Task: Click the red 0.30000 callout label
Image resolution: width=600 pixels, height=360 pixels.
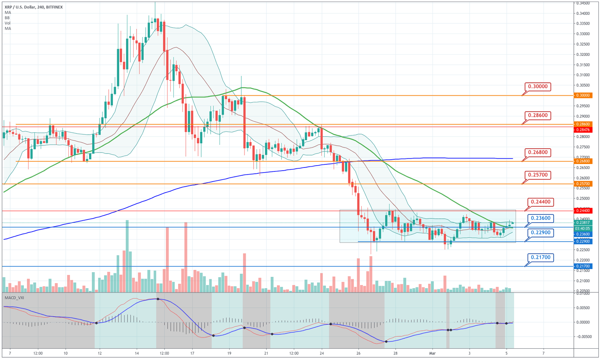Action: click(537, 87)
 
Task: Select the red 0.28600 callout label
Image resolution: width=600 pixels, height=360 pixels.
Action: click(537, 116)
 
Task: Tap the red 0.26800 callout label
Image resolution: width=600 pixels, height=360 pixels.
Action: click(537, 152)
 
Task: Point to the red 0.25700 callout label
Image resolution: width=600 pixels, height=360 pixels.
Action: click(537, 175)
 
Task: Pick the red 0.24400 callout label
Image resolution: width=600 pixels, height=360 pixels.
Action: click(541, 202)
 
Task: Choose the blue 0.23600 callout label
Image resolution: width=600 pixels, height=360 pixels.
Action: click(541, 218)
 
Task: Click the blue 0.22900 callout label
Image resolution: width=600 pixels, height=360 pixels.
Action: click(541, 233)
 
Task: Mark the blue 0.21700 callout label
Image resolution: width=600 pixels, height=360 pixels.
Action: click(541, 257)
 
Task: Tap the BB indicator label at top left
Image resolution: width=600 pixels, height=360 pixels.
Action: click(7, 18)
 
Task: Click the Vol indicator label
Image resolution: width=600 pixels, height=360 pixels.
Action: click(7, 23)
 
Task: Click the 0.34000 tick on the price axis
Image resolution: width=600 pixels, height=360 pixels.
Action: click(584, 13)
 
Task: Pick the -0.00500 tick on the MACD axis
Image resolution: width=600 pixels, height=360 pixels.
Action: click(583, 337)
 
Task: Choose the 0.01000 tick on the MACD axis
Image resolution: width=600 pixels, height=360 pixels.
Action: click(584, 294)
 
